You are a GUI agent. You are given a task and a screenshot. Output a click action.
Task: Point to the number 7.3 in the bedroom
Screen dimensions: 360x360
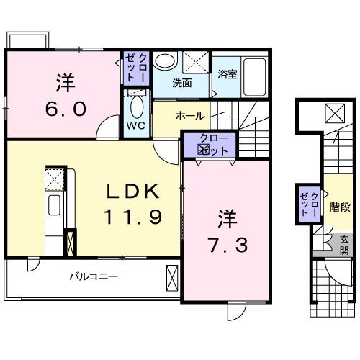pos(230,246)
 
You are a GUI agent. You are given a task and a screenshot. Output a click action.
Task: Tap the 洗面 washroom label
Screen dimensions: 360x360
pos(181,83)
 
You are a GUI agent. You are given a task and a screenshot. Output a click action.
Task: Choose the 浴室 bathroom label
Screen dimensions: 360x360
pos(228,73)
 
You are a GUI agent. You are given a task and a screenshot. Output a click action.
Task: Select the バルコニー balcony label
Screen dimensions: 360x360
pos(94,276)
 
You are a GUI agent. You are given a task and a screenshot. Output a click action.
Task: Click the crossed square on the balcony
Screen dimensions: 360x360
pos(171,277)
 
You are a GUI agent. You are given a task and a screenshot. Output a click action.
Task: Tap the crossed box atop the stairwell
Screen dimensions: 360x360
pos(333,113)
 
